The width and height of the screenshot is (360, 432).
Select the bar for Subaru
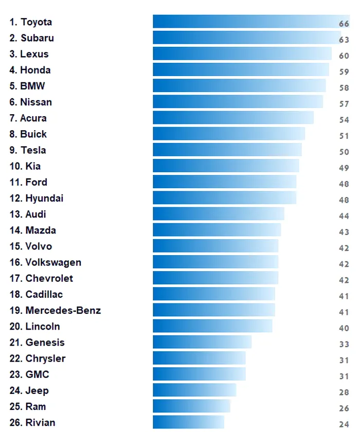pos(247,38)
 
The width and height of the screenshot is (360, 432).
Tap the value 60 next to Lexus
pos(344,56)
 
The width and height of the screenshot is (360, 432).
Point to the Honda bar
pos(241,70)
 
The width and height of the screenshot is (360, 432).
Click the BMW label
pos(27,86)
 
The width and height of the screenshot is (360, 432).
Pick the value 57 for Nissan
pos(344,104)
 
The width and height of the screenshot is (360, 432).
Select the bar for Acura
pos(233,118)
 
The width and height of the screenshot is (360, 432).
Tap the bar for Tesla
pos(227,150)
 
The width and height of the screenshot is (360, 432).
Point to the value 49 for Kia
pos(344,168)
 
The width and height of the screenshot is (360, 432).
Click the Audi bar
pos(218,214)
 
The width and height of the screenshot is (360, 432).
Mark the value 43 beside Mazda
pos(344,232)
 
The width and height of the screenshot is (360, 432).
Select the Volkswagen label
pos(45,262)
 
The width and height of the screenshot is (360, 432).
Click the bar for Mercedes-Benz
pos(213,310)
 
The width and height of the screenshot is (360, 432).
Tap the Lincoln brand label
pos(35,327)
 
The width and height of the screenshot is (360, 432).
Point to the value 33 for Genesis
pos(344,344)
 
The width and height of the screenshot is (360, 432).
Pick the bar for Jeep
pos(194,390)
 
